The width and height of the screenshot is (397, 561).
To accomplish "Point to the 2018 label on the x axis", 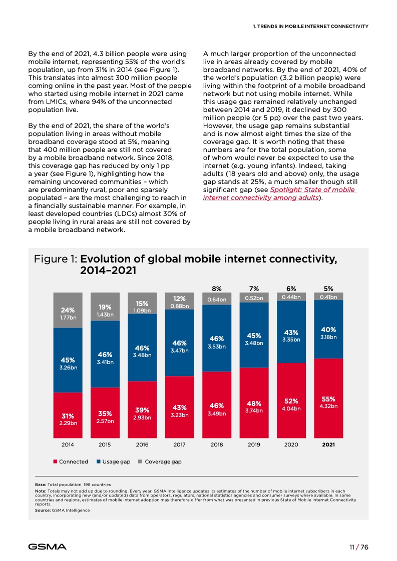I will [x=217, y=444].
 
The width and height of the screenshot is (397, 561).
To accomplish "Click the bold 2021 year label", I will [x=328, y=444].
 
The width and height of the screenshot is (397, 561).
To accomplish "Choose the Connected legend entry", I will [x=71, y=461].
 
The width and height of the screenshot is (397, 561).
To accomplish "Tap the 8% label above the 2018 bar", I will [x=217, y=288].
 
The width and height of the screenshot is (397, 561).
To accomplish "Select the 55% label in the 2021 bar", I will [x=328, y=399].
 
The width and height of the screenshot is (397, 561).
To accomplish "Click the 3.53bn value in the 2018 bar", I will [x=217, y=346].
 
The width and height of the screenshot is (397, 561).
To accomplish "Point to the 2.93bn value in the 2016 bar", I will [x=142, y=417].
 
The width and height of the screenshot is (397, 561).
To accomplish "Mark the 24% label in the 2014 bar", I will [x=68, y=309].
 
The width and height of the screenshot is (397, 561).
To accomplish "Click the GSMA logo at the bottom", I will [x=47, y=546].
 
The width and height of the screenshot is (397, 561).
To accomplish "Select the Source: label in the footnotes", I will [x=37, y=510].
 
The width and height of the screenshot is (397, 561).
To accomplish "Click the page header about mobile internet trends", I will [x=310, y=26].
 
